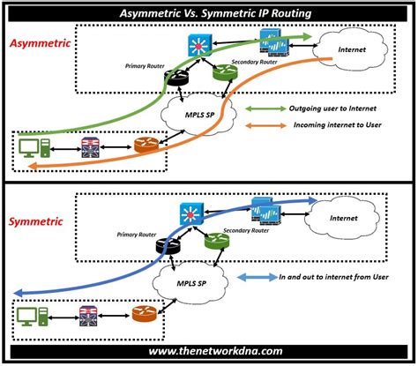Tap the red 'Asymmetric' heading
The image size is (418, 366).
click(x=40, y=42)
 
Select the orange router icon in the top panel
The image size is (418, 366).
click(x=143, y=144)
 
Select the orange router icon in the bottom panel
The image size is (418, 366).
click(x=143, y=313)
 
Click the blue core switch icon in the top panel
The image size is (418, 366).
click(x=198, y=44)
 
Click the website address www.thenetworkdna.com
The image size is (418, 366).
click(x=208, y=353)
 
